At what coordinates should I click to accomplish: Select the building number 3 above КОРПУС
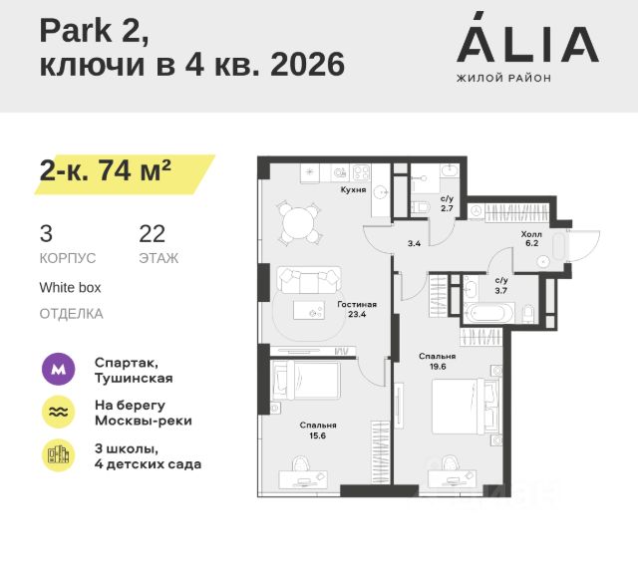[x=46, y=234]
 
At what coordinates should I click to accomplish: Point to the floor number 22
[x=153, y=234]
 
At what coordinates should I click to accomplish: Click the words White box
[x=70, y=287]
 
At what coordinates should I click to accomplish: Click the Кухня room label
[x=353, y=188]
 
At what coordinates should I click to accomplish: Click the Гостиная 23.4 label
[x=356, y=308]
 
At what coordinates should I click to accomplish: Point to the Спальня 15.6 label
[x=319, y=431]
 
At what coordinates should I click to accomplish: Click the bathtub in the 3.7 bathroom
[x=488, y=315]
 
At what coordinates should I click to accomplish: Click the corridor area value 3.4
[x=414, y=242]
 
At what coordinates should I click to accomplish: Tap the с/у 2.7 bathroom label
[x=447, y=204]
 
